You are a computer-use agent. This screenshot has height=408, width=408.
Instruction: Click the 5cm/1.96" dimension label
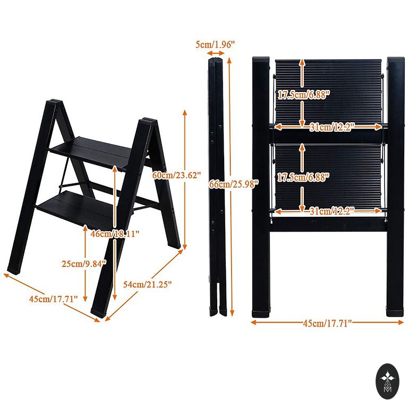click(x=215, y=45)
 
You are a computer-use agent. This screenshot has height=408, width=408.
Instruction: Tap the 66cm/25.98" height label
click(x=234, y=184)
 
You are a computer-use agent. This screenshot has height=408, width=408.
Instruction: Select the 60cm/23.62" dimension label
click(x=177, y=175)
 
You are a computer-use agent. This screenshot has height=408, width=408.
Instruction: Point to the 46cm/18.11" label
click(x=115, y=234)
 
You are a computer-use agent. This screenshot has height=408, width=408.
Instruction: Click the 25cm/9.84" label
click(x=84, y=263)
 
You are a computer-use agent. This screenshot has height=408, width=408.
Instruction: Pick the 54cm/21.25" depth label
click(x=147, y=284)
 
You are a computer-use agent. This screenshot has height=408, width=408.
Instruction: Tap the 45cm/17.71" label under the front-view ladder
click(x=327, y=323)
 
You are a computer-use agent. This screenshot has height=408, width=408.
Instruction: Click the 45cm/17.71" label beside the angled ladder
click(x=53, y=299)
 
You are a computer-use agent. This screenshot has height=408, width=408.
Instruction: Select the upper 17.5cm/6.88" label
click(x=304, y=95)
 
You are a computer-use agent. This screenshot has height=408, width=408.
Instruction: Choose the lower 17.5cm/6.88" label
click(x=303, y=177)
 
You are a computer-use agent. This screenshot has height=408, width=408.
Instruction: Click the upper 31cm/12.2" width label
click(x=332, y=127)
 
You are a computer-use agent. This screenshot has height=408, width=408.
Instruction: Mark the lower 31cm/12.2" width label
click(x=332, y=211)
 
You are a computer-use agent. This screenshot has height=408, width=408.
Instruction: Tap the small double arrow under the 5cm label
click(x=216, y=53)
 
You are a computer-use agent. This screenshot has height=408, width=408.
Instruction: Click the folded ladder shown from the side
click(x=217, y=186)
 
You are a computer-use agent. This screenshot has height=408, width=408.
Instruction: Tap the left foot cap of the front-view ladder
click(x=261, y=313)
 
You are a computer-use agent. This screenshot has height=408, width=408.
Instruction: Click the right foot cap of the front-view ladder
click(x=395, y=313)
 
